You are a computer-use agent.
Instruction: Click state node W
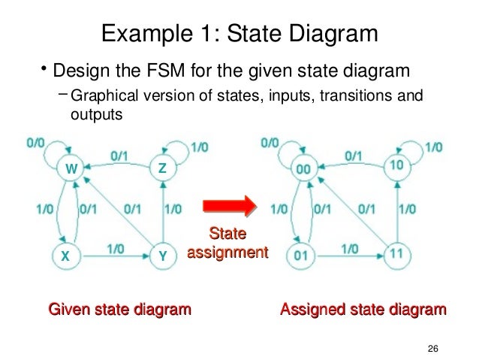tap(71, 169)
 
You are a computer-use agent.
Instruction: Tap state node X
tap(65, 256)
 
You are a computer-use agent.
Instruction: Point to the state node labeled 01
tap(301, 256)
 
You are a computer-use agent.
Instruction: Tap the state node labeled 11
tap(398, 254)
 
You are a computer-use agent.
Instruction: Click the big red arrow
tap(227, 205)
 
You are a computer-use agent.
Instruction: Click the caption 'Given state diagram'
tap(119, 309)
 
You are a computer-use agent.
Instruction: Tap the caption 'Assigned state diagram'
tap(363, 309)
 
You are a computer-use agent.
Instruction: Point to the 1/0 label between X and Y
tap(116, 247)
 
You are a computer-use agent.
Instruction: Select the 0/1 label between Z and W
tap(120, 156)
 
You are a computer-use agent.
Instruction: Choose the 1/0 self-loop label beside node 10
tap(432, 148)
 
